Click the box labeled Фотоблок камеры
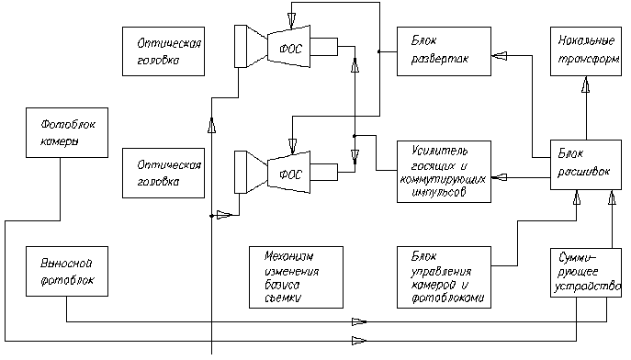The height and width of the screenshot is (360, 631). (67, 132)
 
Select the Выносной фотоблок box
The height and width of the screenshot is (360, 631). (67, 272)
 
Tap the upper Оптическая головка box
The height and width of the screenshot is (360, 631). (163, 51)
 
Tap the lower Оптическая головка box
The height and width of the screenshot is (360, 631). (163, 173)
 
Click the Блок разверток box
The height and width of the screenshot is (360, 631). (444, 51)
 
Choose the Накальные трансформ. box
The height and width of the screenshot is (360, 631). (586, 51)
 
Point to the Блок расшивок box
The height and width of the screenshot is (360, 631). (586, 164)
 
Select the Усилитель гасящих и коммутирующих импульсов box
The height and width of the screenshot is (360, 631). (444, 172)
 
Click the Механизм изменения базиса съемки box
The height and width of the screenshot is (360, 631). (296, 277)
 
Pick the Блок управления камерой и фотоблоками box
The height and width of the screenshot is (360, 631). (444, 277)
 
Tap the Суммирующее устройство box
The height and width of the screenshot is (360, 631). (586, 273)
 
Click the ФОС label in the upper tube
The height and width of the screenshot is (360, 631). (290, 49)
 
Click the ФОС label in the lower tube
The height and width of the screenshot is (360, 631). (290, 175)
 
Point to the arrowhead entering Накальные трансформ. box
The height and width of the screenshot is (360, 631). (586, 84)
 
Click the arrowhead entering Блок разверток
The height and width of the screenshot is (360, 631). (500, 56)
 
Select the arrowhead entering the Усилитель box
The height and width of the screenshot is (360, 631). (500, 177)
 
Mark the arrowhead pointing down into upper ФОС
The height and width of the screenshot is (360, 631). (293, 19)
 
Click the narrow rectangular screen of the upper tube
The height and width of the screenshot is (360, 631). (241, 46)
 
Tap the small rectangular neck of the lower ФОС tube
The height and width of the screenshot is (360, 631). (324, 172)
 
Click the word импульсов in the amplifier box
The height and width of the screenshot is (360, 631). (439, 191)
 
